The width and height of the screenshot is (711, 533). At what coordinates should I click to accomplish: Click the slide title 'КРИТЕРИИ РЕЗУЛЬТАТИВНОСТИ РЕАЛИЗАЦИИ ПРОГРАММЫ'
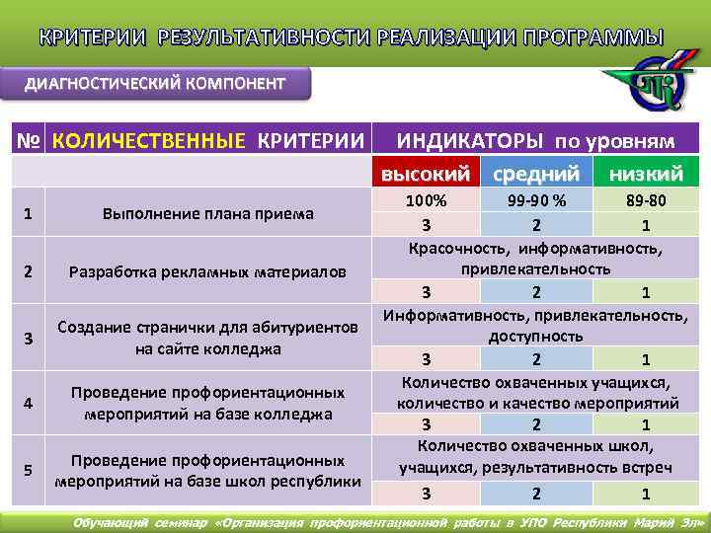coord(352,38)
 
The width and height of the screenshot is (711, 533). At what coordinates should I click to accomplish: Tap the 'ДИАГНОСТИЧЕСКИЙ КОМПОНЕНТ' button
coord(160,83)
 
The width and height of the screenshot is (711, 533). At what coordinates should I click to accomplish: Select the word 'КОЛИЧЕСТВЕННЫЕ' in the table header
coord(148,140)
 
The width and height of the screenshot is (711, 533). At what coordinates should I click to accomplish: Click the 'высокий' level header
coord(426,174)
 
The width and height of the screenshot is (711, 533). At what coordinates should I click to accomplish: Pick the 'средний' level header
coord(535,174)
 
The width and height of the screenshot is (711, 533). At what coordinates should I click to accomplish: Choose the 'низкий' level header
coord(646,174)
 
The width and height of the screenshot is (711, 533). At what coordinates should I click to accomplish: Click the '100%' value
coord(427,199)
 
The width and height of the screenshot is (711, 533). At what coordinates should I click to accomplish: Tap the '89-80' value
coord(646,199)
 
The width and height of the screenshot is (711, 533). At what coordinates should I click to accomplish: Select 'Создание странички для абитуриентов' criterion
coord(207,329)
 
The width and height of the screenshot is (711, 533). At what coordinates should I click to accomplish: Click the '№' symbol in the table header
coord(28,140)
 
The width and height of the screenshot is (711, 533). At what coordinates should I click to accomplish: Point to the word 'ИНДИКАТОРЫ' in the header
coord(469,140)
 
